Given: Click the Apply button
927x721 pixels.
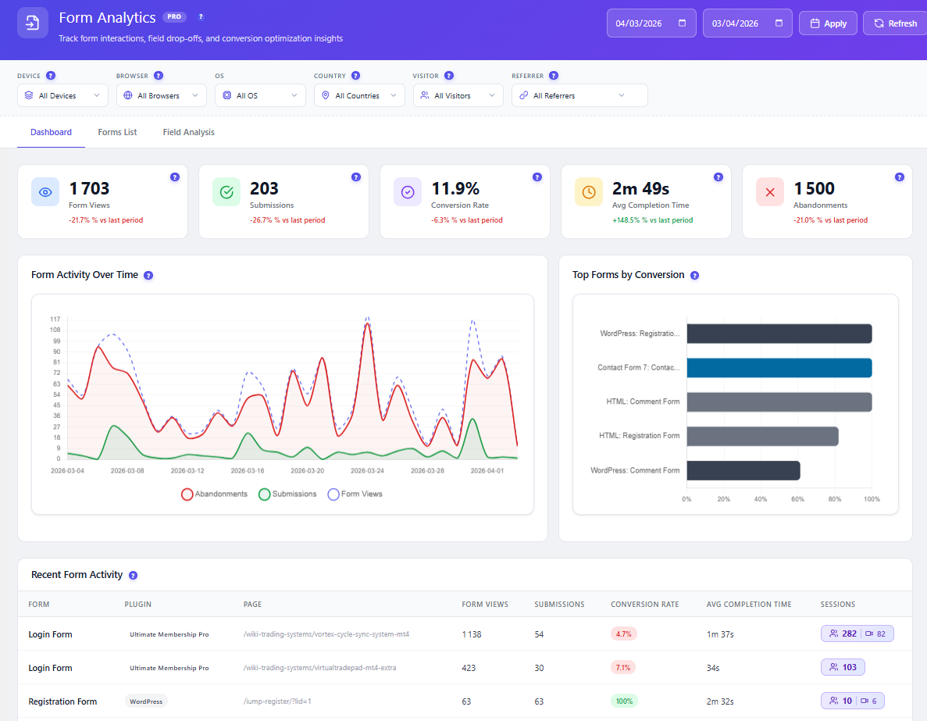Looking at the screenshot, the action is [x=828, y=23].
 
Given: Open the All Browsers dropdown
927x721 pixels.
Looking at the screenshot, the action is [x=162, y=95].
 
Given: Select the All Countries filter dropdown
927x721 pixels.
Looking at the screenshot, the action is [x=359, y=95].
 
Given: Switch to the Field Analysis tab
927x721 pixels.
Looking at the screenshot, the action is [x=188, y=132].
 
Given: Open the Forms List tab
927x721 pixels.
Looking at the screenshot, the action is [x=117, y=132].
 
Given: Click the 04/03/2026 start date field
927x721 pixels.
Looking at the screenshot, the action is [x=651, y=23].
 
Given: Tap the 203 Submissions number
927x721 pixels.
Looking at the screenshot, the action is [x=264, y=189].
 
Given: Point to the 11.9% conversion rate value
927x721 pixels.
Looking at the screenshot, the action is [x=455, y=189].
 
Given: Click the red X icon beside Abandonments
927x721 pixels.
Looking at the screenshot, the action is [x=770, y=191].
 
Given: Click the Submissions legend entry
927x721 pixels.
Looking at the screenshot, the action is [x=288, y=494].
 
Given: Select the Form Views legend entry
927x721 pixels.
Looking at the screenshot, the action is [x=355, y=494].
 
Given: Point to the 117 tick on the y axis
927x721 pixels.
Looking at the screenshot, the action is [x=55, y=319].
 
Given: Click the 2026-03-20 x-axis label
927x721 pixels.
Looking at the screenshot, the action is [x=308, y=471].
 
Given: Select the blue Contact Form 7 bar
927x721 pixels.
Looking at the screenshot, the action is [x=779, y=368].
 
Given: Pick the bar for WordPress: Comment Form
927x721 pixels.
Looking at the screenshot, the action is [x=743, y=471].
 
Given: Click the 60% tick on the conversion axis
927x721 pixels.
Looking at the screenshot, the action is [x=797, y=499].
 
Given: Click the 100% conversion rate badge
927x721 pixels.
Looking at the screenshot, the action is [x=624, y=701].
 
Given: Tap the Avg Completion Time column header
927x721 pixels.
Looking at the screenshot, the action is [x=748, y=605].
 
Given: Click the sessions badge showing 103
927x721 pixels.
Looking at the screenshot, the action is [x=843, y=667].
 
